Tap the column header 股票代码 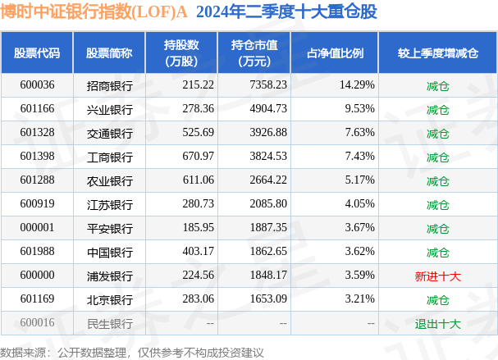[37, 52]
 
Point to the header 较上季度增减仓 [437, 52]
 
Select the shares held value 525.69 [197, 132]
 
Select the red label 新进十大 [438, 276]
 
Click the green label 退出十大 [438, 324]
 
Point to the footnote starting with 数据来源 [131, 351]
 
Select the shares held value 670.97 [197, 157]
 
